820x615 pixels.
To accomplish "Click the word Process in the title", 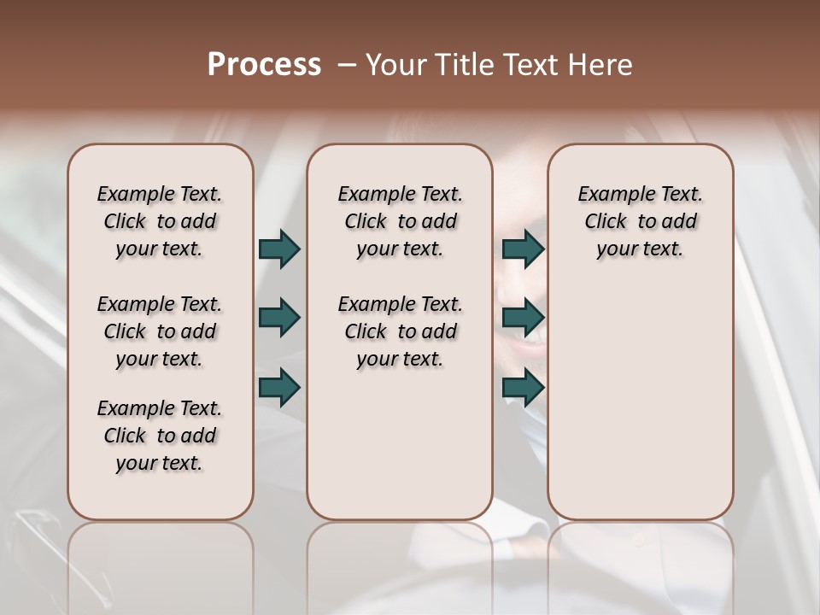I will point(264,65).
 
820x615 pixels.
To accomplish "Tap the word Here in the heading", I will point(600,65).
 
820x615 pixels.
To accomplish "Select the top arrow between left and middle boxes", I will point(279,249).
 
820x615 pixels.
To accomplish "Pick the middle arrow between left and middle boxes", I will point(279,319).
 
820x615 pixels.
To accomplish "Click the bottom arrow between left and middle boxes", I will point(279,389).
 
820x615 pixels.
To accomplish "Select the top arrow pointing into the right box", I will point(523,249).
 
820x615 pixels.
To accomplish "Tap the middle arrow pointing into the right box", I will point(523,319).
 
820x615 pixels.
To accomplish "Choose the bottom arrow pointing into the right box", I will point(523,389).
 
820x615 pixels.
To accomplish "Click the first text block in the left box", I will point(160,221).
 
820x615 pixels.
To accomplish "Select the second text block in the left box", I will point(160,331).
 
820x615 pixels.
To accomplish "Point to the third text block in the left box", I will point(160,436).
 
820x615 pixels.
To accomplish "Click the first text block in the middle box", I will point(400,221).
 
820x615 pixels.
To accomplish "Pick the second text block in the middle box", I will point(400,331).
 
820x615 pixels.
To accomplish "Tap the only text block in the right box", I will point(640,221).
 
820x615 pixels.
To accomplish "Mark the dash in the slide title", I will point(347,65).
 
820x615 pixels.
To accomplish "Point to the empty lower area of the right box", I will point(640,401).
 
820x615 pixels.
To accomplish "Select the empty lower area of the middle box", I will point(400,444).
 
